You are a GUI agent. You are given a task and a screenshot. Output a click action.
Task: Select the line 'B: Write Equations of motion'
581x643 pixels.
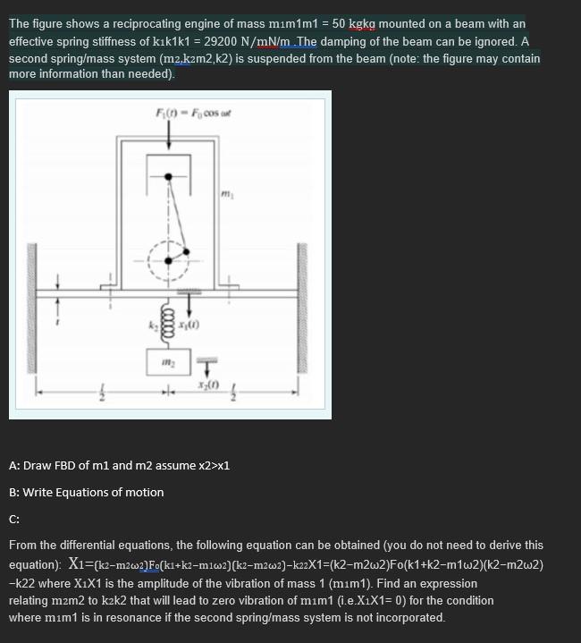point(86,492)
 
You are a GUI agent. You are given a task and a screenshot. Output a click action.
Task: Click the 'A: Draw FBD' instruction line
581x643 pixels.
point(119,466)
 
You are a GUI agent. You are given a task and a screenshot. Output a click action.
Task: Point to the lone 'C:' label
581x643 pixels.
point(14,518)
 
